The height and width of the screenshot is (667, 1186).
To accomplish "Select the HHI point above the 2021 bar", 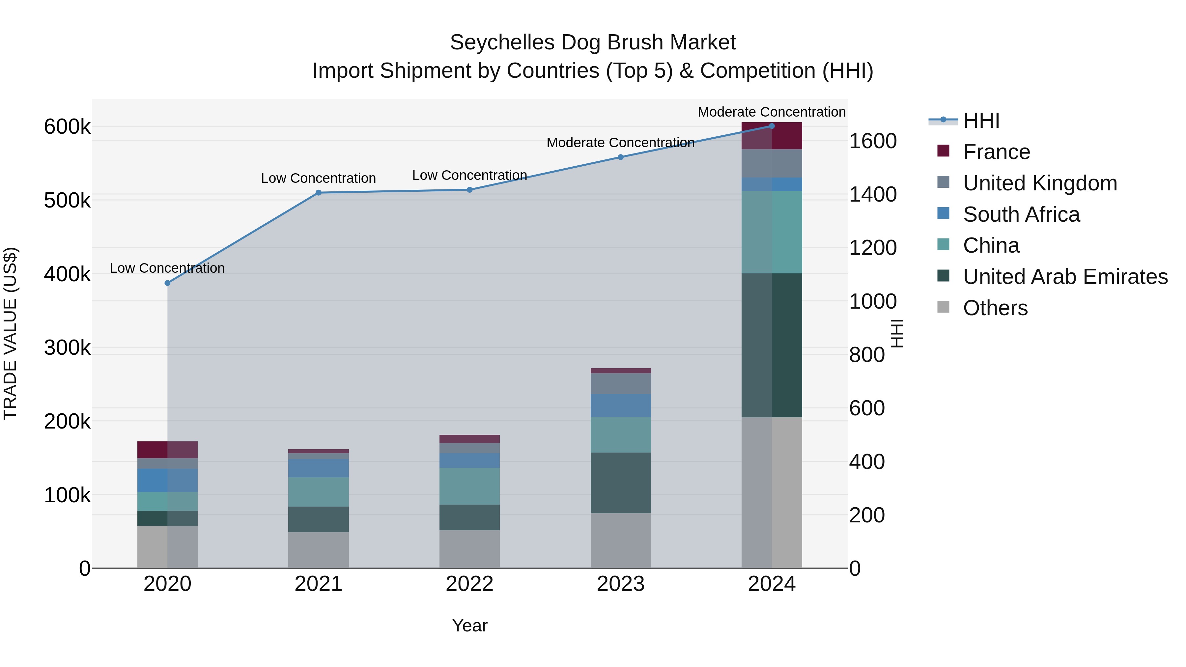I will point(318,193).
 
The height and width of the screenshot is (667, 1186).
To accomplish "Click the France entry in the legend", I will point(996,152).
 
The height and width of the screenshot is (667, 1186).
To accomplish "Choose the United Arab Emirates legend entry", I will point(1065,277).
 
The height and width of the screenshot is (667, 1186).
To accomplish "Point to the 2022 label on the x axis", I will point(469,584).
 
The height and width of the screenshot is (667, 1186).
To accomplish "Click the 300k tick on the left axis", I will point(67,348).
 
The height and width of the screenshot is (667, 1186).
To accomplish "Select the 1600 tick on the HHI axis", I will point(872,141).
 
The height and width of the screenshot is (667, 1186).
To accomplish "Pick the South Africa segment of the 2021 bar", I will point(318,468).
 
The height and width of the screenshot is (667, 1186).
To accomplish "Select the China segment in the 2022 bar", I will point(469,486).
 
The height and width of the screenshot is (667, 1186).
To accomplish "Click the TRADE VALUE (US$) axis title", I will point(11,333).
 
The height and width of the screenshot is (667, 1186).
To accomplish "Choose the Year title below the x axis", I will point(469,625).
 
